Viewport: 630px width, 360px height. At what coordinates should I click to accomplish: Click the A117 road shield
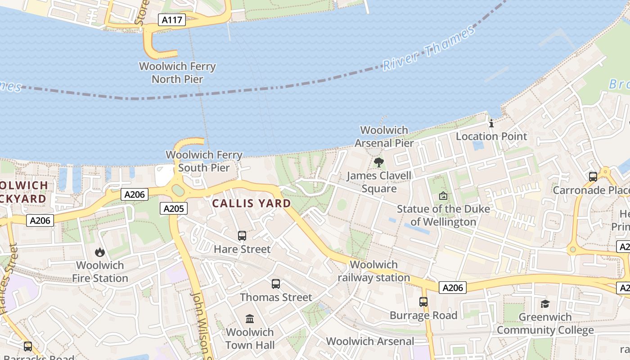(172, 19)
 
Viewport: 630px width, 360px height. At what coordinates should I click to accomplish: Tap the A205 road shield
(173, 208)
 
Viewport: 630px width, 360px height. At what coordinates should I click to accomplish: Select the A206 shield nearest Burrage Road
(453, 288)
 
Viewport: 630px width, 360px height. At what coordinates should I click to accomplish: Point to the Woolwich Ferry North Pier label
(177, 72)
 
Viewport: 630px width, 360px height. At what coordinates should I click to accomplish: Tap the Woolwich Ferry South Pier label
(204, 161)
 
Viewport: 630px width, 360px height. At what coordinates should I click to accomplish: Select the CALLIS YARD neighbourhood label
(252, 203)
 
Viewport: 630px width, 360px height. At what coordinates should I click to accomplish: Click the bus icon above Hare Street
(242, 235)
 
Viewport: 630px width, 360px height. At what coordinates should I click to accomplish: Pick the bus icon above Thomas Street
(276, 284)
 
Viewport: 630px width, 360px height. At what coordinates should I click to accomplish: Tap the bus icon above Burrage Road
(423, 302)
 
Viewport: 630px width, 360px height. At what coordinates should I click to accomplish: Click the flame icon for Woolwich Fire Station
(100, 252)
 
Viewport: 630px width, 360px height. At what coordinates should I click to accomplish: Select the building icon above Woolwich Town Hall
(250, 319)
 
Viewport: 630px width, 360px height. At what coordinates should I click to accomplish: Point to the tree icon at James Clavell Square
(379, 162)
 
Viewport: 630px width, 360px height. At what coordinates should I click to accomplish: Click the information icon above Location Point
(491, 123)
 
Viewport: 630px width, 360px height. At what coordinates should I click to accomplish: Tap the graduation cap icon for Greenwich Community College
(545, 304)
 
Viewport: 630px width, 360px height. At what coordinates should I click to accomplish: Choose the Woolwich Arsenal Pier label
(384, 136)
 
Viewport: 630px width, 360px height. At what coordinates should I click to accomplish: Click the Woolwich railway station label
(374, 271)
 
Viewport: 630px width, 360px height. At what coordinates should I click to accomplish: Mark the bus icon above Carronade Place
(593, 177)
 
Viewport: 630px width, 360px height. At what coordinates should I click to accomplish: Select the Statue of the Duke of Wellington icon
(443, 196)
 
